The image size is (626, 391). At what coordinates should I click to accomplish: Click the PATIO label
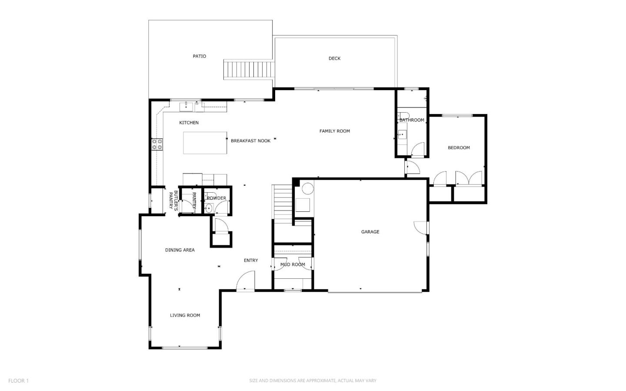tap(200, 56)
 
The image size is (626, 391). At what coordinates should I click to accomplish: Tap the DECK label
tap(334, 58)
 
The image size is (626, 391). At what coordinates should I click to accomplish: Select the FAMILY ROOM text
tap(334, 131)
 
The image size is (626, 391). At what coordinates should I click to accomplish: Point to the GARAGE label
tap(370, 232)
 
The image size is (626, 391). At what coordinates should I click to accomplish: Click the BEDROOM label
tap(459, 148)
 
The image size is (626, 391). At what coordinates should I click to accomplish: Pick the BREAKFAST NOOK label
tap(250, 141)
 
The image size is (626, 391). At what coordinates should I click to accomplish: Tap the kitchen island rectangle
tap(205, 143)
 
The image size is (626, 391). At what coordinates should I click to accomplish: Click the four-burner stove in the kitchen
tap(157, 144)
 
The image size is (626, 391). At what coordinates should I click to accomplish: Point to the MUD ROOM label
tap(293, 264)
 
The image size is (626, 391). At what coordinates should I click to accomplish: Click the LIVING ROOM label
tap(185, 315)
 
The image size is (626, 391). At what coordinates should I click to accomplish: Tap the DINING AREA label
tap(180, 250)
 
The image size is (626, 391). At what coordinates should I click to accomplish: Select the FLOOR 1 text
tap(18, 381)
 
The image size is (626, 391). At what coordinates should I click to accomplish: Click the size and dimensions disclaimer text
tap(313, 381)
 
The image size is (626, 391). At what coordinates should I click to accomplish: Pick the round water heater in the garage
tap(308, 189)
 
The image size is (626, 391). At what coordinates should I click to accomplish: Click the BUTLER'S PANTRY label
tap(173, 201)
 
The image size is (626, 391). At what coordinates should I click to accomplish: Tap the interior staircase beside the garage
tap(283, 202)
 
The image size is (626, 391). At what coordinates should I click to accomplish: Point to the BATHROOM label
tap(412, 120)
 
